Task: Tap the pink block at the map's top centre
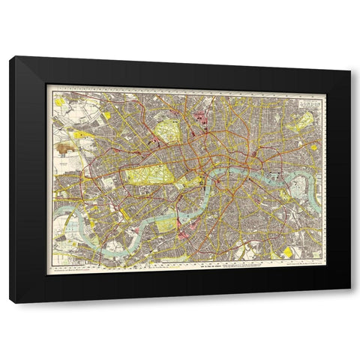(201, 116)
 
